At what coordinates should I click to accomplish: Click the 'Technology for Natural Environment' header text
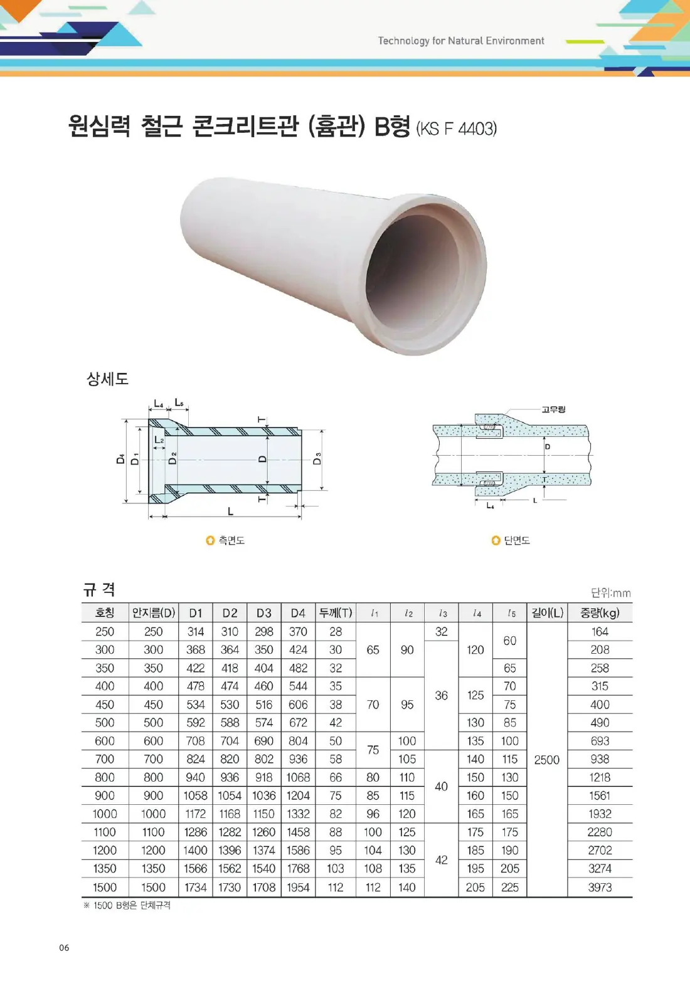[460, 41]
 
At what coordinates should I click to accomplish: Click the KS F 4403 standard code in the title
[457, 129]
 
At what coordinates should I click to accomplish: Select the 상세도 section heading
[107, 379]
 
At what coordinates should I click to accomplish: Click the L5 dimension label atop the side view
[179, 402]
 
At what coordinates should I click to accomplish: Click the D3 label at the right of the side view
[317, 458]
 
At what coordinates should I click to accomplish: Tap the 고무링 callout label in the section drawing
[553, 409]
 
